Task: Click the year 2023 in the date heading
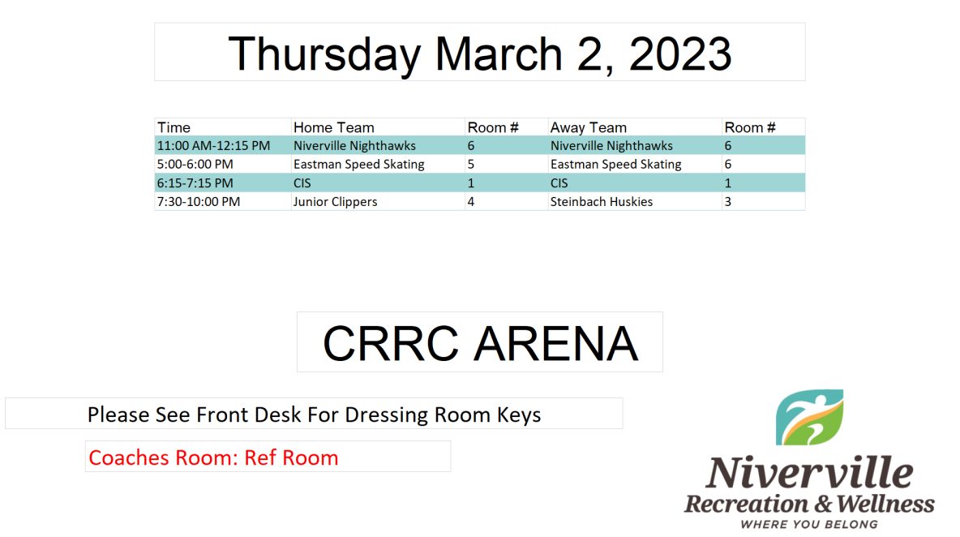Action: point(680,54)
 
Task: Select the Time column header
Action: point(174,127)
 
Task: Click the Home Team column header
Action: point(334,127)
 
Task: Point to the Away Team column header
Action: point(589,127)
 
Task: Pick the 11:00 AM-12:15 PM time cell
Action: point(214,146)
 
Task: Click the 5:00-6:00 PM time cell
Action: point(195,164)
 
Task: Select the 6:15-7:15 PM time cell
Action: point(195,183)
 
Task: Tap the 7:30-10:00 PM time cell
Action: point(199,201)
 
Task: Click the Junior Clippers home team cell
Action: point(336,201)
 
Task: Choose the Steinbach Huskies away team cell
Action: point(602,201)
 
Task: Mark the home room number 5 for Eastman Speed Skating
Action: point(471,164)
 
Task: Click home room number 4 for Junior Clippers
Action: point(471,201)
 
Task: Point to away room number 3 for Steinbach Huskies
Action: point(728,201)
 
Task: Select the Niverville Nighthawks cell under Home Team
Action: point(354,146)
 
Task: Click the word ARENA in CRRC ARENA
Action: point(556,343)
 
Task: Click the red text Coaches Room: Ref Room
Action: point(214,458)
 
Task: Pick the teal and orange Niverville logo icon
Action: point(809,417)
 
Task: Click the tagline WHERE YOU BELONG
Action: point(809,524)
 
